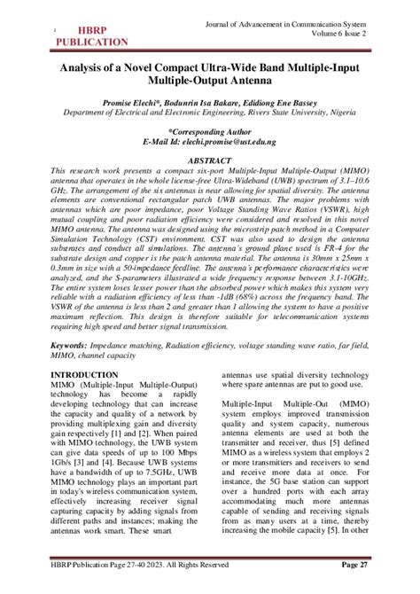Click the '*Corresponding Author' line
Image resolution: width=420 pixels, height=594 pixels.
coord(209,131)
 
